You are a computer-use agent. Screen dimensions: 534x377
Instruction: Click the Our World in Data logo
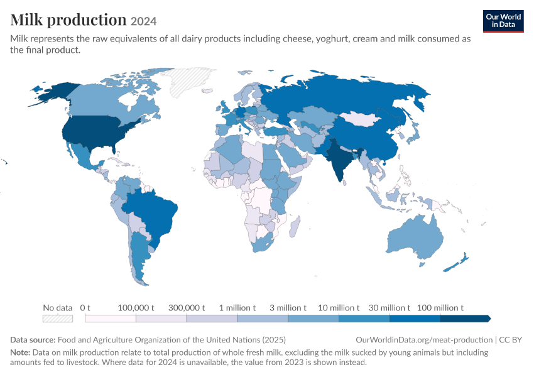[503, 21]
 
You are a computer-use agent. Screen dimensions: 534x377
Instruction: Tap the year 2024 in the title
[143, 21]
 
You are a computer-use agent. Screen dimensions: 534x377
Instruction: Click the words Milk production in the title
[68, 20]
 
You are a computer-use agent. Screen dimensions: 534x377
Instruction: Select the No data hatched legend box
[58, 319]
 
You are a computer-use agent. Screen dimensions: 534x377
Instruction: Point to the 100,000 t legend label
[136, 308]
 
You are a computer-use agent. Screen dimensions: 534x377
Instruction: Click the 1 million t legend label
[237, 308]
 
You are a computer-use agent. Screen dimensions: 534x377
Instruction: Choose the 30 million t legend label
[390, 308]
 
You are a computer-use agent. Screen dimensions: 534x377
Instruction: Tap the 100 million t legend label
[440, 308]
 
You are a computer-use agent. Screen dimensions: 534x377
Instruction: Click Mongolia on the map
[361, 118]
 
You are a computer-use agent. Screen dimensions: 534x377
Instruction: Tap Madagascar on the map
[295, 226]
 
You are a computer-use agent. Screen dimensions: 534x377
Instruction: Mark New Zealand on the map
[456, 263]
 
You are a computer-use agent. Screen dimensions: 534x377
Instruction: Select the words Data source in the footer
[33, 340]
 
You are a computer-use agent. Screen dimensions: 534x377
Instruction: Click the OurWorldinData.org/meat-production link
[424, 340]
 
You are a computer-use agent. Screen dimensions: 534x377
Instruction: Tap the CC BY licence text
[511, 340]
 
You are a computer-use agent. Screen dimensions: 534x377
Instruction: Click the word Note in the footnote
[20, 352]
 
